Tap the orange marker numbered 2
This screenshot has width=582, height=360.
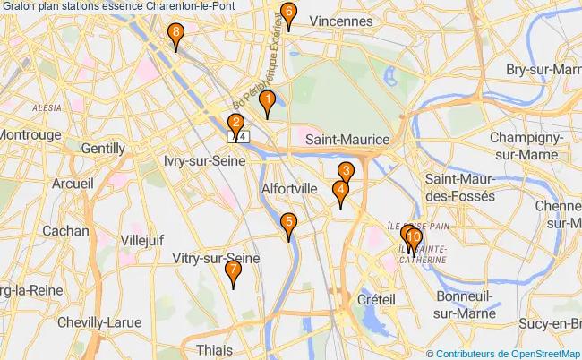click(235, 124)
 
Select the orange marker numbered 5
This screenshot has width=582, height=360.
click(287, 224)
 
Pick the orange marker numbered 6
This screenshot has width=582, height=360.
click(287, 13)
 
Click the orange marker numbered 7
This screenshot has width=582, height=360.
click(233, 270)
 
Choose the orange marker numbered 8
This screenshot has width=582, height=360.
click(176, 34)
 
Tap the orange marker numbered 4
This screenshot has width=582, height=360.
click(340, 192)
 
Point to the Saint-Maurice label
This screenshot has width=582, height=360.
click(347, 140)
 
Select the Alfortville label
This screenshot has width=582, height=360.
click(288, 189)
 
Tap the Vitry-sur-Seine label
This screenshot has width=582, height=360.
click(216, 258)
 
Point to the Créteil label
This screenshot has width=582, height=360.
click(376, 297)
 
